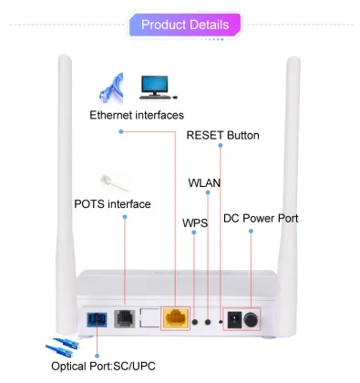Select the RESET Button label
click(223, 135)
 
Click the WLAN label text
click(204, 182)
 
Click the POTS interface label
click(112, 203)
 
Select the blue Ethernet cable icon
click(112, 88)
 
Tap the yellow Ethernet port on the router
click(174, 318)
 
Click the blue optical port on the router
click(94, 319)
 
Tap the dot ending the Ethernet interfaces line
click(120, 132)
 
